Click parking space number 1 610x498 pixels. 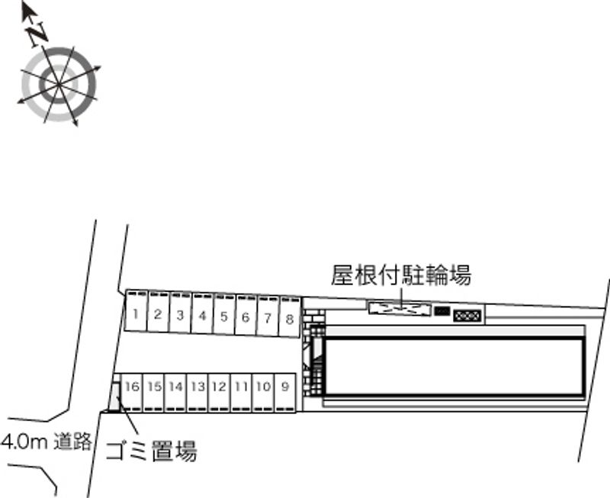click(x=135, y=313)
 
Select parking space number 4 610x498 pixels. click(x=201, y=314)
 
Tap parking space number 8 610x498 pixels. click(x=290, y=319)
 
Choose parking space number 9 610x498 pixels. click(x=284, y=387)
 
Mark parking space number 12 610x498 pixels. click(x=219, y=387)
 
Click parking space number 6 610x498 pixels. click(x=246, y=316)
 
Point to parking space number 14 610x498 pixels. click(x=175, y=387)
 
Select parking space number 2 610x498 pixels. click(x=157, y=313)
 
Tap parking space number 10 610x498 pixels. click(x=263, y=387)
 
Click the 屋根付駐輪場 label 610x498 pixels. click(x=400, y=275)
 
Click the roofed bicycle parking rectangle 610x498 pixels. click(x=399, y=308)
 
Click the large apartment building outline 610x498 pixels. click(x=454, y=366)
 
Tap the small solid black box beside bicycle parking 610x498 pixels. click(x=441, y=310)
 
